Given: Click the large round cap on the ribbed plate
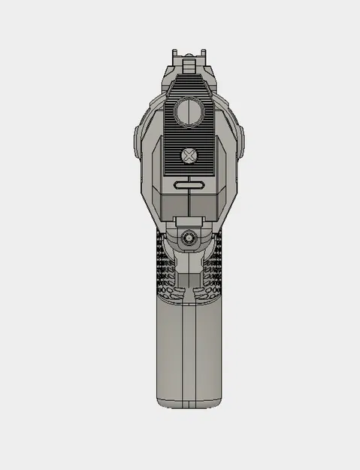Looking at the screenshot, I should pyautogui.click(x=189, y=113).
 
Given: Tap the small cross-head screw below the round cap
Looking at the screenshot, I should pyautogui.click(x=189, y=156).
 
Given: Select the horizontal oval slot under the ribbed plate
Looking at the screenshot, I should pyautogui.click(x=189, y=185).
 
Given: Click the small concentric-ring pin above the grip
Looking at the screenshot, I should pyautogui.click(x=189, y=237).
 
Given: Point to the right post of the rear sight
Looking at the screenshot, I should pyautogui.click(x=202, y=54).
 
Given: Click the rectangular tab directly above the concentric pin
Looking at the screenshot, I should pyautogui.click(x=189, y=221).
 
